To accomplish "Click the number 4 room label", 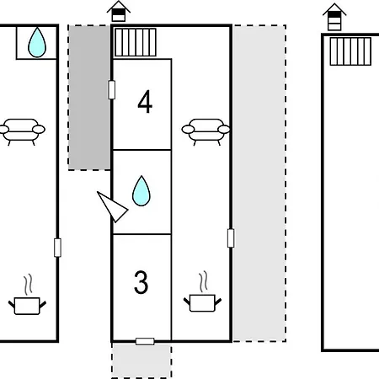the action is pos(145,102).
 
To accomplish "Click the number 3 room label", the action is pos(141,282).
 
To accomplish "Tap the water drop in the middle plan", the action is pos(141,191).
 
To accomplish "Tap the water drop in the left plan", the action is pos(37,42).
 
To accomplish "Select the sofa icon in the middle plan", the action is pos(206,131).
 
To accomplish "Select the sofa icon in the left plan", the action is pos(22,131).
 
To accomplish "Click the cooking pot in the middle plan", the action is pos(202,292).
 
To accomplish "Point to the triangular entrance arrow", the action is pos(112,206).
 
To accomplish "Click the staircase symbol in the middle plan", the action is pos(136,42).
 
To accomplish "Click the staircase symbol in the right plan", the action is pos(350,51).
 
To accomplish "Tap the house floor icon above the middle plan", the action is pos(119,11).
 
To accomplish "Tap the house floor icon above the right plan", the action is pos(334,17).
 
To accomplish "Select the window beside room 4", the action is pos(111,90).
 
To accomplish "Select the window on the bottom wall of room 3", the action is pos(145,341).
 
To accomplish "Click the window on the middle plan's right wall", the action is pos(231,238).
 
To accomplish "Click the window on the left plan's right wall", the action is pos(57,248).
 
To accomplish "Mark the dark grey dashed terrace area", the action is pos(89,98).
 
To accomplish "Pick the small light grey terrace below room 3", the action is pos(141,360).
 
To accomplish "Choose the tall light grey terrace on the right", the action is pos(259,184).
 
